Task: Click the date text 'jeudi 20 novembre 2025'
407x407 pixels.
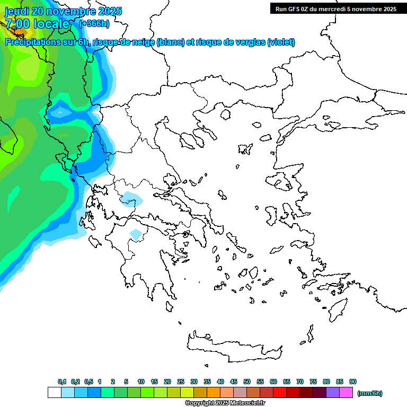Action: coord(64,11)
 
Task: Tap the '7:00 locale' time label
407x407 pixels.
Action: coord(37,24)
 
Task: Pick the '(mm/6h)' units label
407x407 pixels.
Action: coord(369,393)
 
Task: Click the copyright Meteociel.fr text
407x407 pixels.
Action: coord(225,403)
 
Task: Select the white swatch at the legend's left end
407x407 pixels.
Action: coord(54,393)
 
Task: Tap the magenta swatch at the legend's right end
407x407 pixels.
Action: coord(346,393)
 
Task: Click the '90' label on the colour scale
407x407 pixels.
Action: coord(353,382)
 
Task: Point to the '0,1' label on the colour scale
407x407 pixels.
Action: coord(61,382)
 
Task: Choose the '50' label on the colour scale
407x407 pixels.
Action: coord(247,382)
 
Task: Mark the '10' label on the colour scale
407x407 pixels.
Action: coord(141,382)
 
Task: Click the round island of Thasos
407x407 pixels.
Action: coord(225,115)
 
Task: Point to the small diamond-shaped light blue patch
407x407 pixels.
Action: coord(136,234)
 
